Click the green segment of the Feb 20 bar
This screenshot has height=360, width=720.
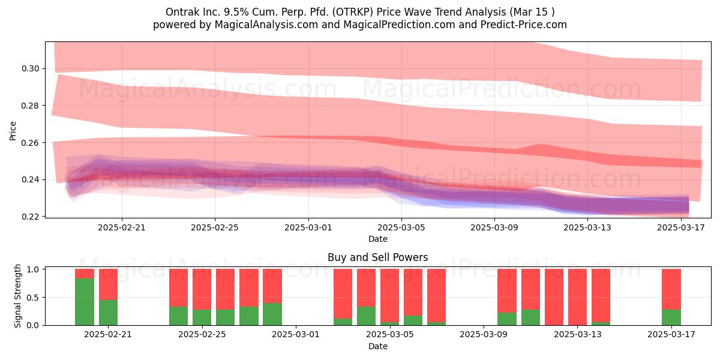pos(85,301)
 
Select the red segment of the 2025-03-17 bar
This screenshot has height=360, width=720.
pos(671,289)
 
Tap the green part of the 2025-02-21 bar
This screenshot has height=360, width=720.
pos(108,313)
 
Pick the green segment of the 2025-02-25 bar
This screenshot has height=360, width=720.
pos(202,317)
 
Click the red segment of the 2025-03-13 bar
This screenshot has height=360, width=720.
pos(577,297)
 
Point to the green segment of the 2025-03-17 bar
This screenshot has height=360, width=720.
pos(671,317)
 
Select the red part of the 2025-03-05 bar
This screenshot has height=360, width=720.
pos(389,295)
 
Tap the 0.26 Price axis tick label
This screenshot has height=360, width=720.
pos(30,142)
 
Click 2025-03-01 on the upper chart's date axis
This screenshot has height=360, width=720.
pos(308,227)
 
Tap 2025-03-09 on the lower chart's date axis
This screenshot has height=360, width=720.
pos(484,334)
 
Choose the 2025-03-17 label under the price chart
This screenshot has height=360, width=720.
pos(681,227)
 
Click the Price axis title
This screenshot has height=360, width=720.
pos(13,131)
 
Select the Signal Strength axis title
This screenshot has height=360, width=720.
pos(17,296)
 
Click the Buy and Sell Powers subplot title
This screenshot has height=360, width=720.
pos(377,257)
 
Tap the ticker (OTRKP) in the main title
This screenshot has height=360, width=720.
pos(353,12)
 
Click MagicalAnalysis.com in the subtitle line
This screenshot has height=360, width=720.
pos(266,25)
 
